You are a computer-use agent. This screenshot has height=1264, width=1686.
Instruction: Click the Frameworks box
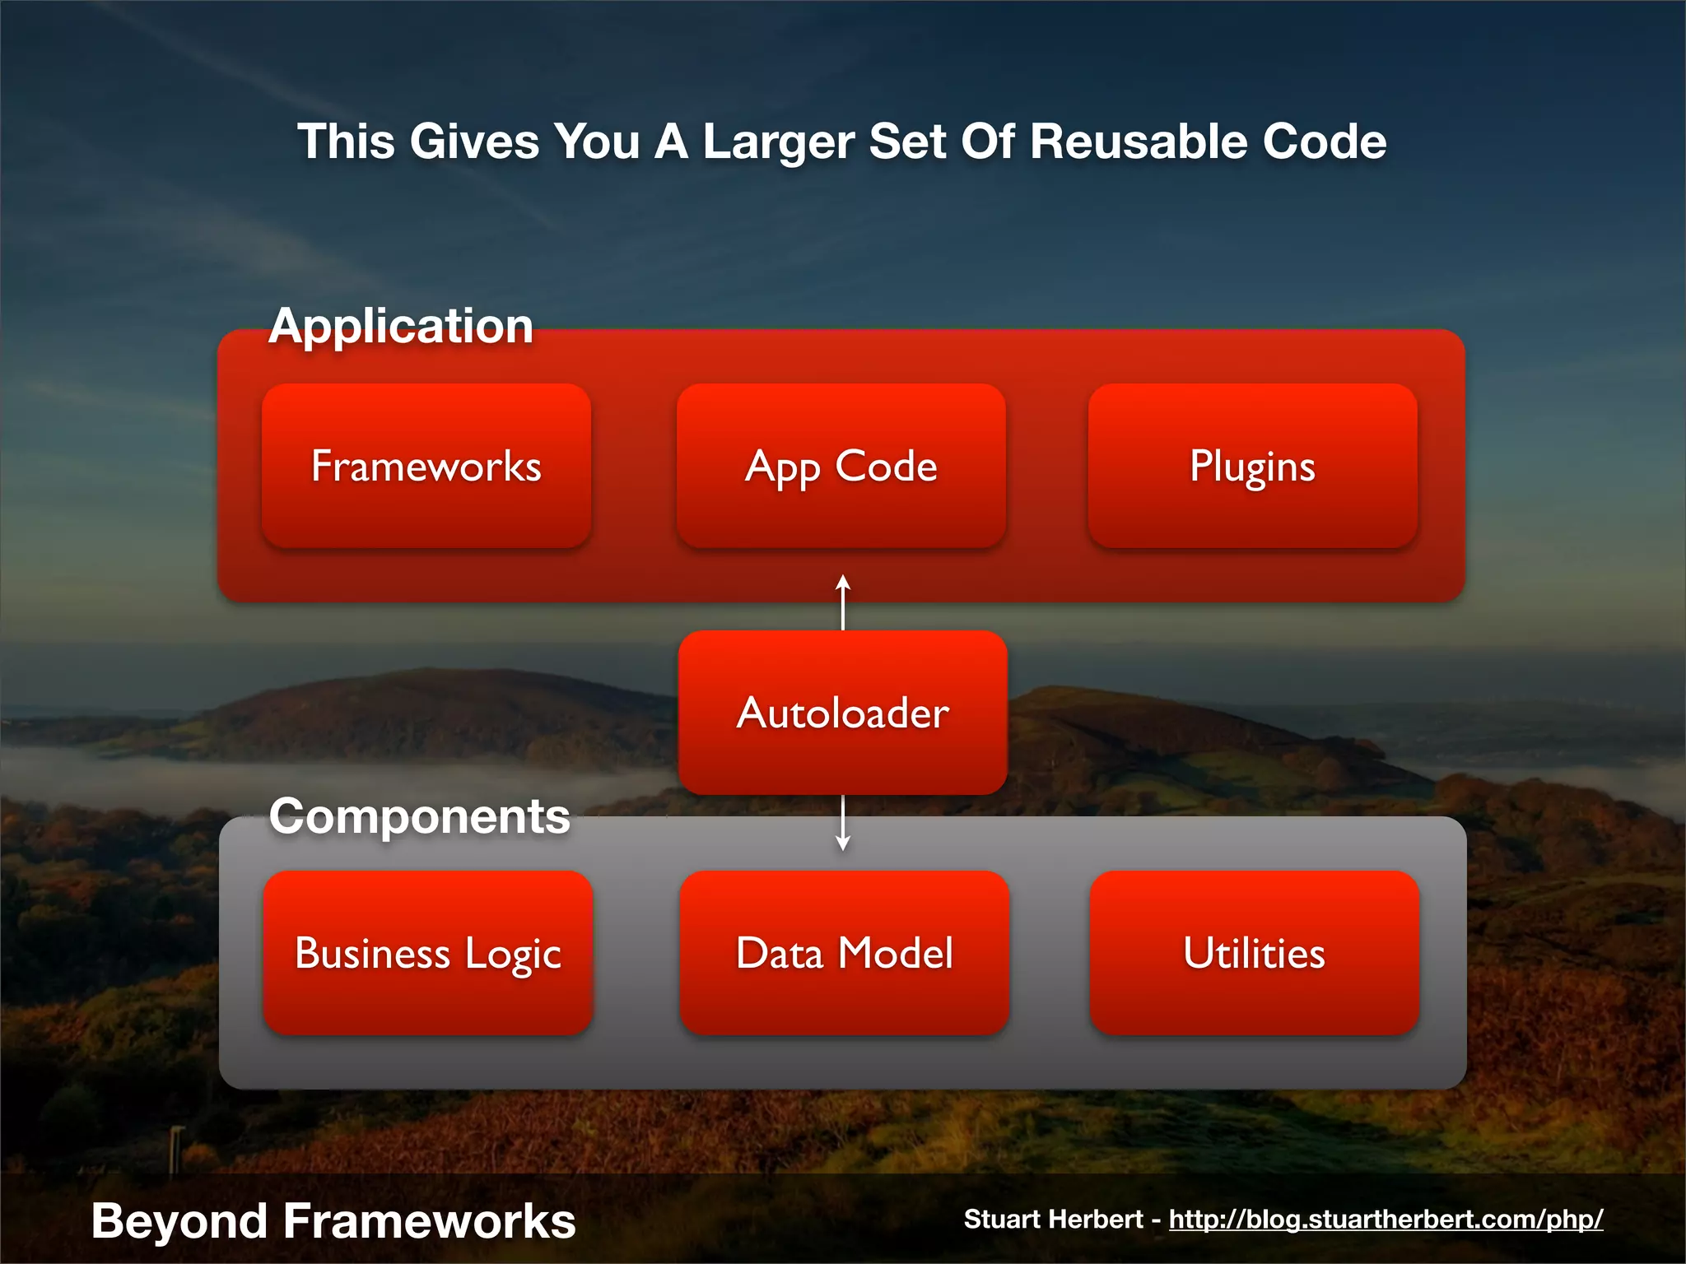click(x=426, y=466)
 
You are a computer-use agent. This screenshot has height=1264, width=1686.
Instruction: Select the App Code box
click(x=841, y=466)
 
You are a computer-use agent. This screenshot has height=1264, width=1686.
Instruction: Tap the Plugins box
click(x=1252, y=466)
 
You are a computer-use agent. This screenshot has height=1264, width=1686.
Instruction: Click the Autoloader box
click(x=842, y=713)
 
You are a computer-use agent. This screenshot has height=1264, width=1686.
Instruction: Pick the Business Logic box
click(x=428, y=953)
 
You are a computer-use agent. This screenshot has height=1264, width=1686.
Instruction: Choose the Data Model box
click(x=844, y=953)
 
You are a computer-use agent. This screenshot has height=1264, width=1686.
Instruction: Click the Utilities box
click(x=1254, y=953)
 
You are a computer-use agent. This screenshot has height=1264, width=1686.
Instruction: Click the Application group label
click(x=401, y=327)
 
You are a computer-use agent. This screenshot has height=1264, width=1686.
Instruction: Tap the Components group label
click(x=419, y=817)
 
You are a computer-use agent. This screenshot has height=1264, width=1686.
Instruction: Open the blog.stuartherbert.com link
click(x=1386, y=1219)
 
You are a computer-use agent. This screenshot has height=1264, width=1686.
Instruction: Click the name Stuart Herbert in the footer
click(x=1053, y=1219)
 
